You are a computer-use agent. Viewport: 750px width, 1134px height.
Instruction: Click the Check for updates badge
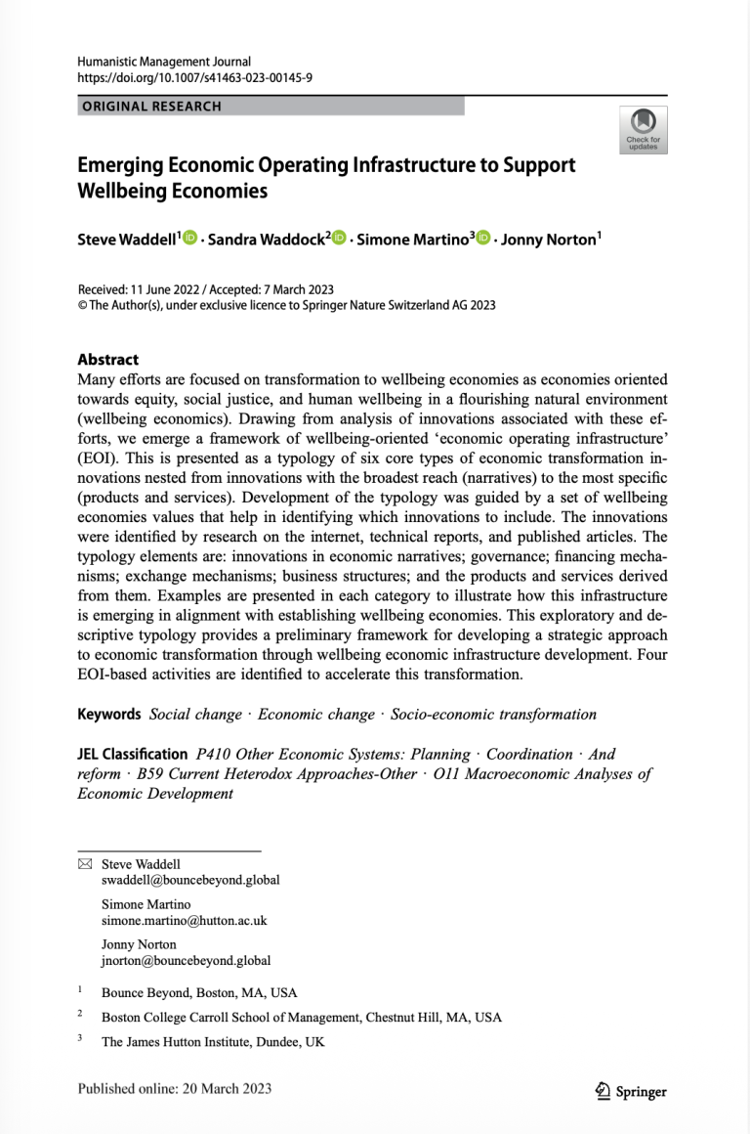644,130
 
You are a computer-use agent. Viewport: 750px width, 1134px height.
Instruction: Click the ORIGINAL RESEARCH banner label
150,106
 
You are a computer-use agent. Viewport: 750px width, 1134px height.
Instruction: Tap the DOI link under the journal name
195,77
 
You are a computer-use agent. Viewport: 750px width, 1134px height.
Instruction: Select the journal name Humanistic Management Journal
164,62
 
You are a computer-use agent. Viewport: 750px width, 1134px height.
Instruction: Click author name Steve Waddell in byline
127,240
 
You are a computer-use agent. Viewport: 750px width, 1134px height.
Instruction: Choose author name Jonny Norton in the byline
550,240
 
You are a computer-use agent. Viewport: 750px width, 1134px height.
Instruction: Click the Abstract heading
108,359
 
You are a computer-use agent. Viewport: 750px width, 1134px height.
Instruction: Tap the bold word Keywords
109,714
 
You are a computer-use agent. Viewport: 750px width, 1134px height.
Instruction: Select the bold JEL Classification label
132,754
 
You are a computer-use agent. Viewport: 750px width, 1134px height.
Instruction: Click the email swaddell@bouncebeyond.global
190,879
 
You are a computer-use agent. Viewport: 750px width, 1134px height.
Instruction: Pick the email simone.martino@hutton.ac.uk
184,920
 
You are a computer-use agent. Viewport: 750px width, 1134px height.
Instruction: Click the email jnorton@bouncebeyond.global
187,961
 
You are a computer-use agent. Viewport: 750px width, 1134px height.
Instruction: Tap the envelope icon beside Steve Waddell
84,864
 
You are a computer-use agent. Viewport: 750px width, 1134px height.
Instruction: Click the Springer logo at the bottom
631,1091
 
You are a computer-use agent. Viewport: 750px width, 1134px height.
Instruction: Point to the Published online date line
175,1088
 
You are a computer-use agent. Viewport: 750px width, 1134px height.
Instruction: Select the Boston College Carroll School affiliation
301,1017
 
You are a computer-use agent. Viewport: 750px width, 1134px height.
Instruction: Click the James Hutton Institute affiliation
213,1041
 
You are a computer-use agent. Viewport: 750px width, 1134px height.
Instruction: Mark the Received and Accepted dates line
205,289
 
